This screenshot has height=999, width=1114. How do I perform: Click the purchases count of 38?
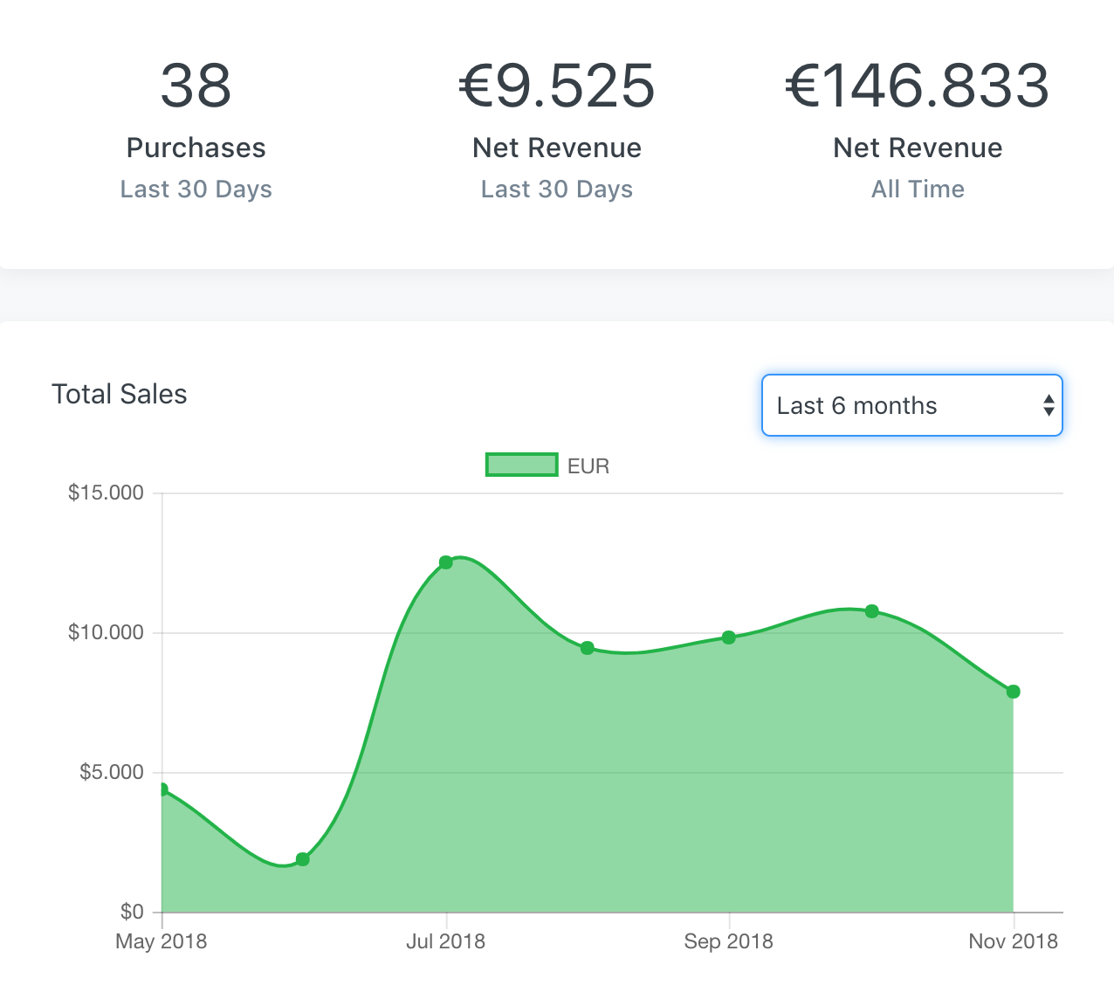coord(196,86)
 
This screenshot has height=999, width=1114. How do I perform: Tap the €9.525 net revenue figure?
coord(557,86)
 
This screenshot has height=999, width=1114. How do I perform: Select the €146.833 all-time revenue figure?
coord(917,86)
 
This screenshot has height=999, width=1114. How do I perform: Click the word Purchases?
coord(196,148)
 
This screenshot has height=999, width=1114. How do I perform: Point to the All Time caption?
coord(918,189)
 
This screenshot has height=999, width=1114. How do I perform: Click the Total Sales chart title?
coord(120,394)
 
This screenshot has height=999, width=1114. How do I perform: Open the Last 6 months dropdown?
coord(911,405)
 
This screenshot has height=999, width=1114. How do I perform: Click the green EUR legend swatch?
coord(521,465)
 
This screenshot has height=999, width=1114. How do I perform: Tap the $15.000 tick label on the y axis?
coord(106,493)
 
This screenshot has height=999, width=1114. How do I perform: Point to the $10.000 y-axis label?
coord(106,632)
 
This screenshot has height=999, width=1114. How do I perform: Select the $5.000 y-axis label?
coord(111,772)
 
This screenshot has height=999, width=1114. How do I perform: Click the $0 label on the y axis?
coord(132,912)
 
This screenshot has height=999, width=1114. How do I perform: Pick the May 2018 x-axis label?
coord(162,941)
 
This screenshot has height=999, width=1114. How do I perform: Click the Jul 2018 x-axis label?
coord(445,941)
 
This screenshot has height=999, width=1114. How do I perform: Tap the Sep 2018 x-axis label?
coord(728,941)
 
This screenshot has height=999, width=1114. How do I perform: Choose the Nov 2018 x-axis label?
coord(1013,941)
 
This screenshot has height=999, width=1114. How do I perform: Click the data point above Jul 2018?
coord(446,562)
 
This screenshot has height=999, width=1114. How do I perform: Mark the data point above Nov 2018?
coord(1013,692)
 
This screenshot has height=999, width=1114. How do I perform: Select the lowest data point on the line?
coord(303,859)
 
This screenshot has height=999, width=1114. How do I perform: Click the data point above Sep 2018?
coord(729,637)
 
